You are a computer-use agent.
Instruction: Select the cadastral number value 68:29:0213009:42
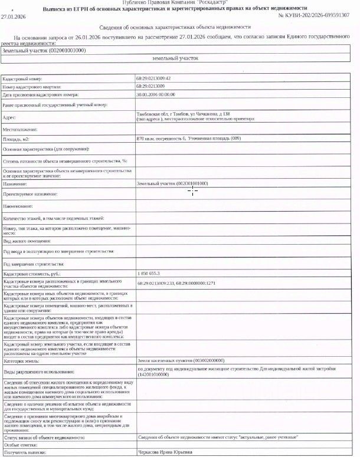[x=153, y=78]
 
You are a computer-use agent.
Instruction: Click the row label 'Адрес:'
[x=10, y=117]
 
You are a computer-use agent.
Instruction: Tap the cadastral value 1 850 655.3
[x=148, y=274]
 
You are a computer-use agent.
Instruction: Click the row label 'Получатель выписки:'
[x=24, y=452]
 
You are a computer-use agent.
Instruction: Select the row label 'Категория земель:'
[x=22, y=360]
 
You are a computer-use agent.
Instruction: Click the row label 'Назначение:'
[x=15, y=184]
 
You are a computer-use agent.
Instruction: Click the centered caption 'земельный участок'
[x=175, y=59]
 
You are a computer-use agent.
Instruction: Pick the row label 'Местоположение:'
[x=21, y=129]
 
